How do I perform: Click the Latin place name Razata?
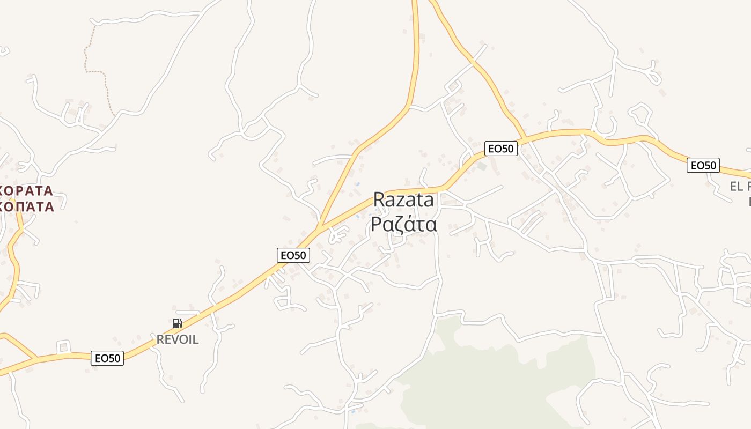tap(403, 200)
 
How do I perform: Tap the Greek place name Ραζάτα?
tap(403, 224)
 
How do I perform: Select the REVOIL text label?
tap(178, 339)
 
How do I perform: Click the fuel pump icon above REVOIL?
tap(177, 323)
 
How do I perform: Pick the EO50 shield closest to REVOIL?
tap(107, 358)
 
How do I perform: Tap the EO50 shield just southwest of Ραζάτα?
tap(293, 255)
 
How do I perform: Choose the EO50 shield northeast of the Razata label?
tap(500, 149)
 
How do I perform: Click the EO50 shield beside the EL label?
tap(703, 165)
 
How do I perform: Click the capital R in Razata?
tap(379, 200)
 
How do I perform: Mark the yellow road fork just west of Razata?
tap(319, 229)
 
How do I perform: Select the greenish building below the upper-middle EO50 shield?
tap(482, 167)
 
